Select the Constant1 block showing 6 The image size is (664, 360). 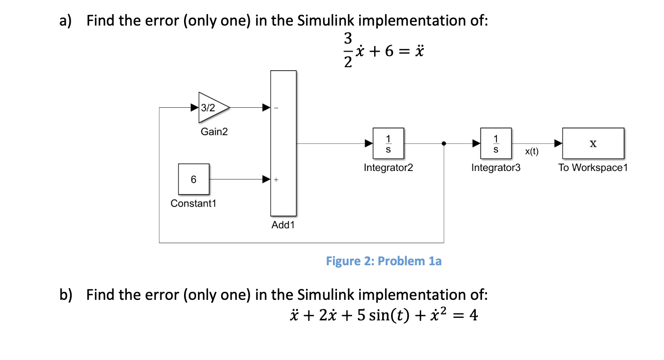point(194,179)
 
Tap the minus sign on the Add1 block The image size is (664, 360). point(276,108)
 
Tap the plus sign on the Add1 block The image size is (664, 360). point(276,179)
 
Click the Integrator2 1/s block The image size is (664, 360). point(389,143)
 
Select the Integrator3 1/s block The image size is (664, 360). point(496,143)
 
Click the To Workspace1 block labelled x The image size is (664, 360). point(593,143)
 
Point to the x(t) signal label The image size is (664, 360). point(532,151)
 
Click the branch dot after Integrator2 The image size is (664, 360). point(444,143)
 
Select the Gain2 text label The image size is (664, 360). point(214,132)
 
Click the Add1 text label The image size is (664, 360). point(283,225)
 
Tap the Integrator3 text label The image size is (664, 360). point(496,168)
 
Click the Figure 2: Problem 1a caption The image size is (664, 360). point(384,261)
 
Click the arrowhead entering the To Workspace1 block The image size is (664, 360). point(558,143)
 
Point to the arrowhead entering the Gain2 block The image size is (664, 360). point(194,107)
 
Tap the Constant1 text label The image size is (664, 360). point(194,204)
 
